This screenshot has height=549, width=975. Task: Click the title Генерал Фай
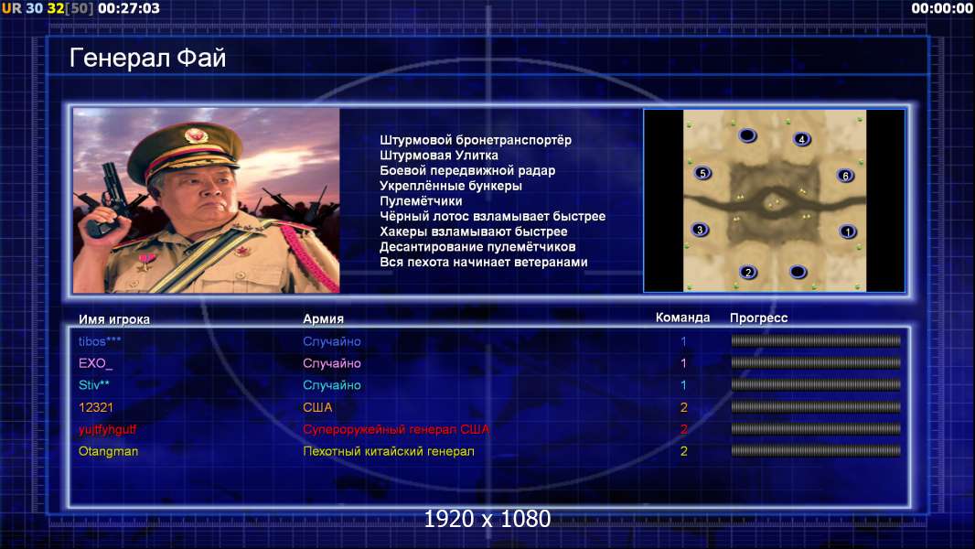pos(147,58)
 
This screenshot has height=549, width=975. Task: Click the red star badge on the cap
pos(195,135)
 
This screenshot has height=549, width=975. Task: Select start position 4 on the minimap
pos(802,139)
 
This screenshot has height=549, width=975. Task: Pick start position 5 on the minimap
pos(702,174)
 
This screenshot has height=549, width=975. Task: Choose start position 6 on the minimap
pos(845,176)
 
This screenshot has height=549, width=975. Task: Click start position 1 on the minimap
pos(848,231)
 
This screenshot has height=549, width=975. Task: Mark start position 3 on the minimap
pos(700,230)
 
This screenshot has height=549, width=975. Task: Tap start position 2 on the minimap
pos(748,273)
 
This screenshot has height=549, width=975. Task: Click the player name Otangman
pos(108,451)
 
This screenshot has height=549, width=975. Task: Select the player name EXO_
pos(96,363)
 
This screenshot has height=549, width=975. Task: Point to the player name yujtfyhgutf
pos(107,430)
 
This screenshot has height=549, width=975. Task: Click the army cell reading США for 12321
pos(317,407)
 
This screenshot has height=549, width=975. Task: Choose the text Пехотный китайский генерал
pos(389,451)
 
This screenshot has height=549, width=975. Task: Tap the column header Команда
pos(682,318)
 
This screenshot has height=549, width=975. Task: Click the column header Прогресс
pos(758,318)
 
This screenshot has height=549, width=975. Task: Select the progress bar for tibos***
pos(816,340)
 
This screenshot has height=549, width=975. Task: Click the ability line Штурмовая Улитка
pos(439,156)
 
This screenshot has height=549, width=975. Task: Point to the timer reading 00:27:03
pos(129,8)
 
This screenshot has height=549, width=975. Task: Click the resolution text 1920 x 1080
pos(487,519)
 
